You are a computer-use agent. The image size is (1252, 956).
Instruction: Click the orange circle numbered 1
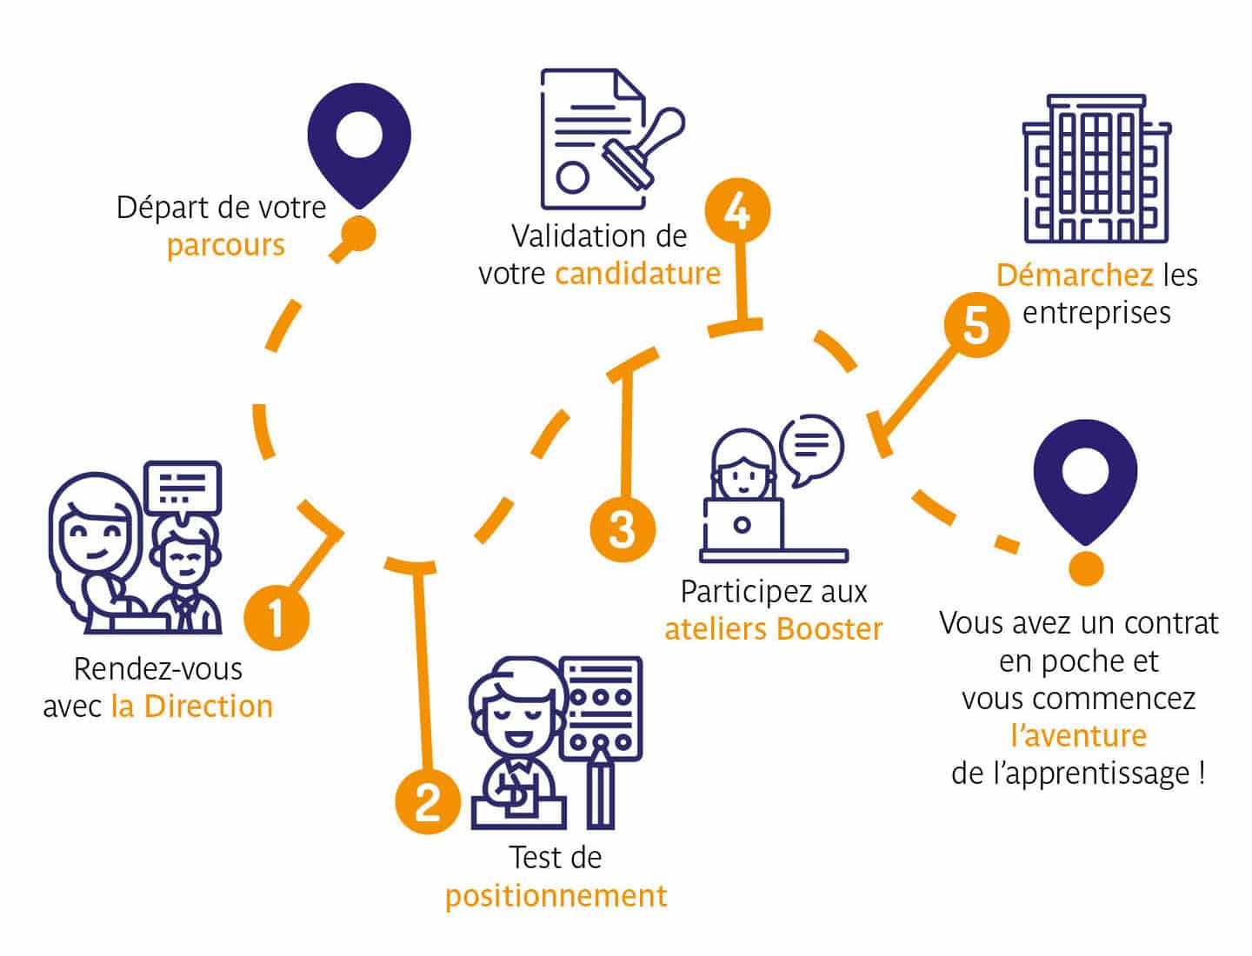(276, 618)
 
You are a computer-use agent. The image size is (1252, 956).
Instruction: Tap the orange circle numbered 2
(428, 800)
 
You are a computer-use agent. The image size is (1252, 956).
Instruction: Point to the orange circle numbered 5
(976, 326)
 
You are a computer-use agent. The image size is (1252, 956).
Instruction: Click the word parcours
(225, 246)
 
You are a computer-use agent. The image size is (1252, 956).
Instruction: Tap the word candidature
(637, 274)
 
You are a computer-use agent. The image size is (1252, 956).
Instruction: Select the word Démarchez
(1075, 276)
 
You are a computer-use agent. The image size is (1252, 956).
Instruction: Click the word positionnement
(556, 895)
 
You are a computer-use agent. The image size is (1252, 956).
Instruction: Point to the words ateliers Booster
(773, 628)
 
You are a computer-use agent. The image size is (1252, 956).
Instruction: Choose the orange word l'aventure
(1078, 736)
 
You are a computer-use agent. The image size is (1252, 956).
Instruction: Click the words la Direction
(192, 707)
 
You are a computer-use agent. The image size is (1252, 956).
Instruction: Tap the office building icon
(1096, 169)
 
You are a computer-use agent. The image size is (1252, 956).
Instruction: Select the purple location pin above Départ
(358, 143)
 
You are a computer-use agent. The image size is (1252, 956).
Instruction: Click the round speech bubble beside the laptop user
(811, 448)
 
